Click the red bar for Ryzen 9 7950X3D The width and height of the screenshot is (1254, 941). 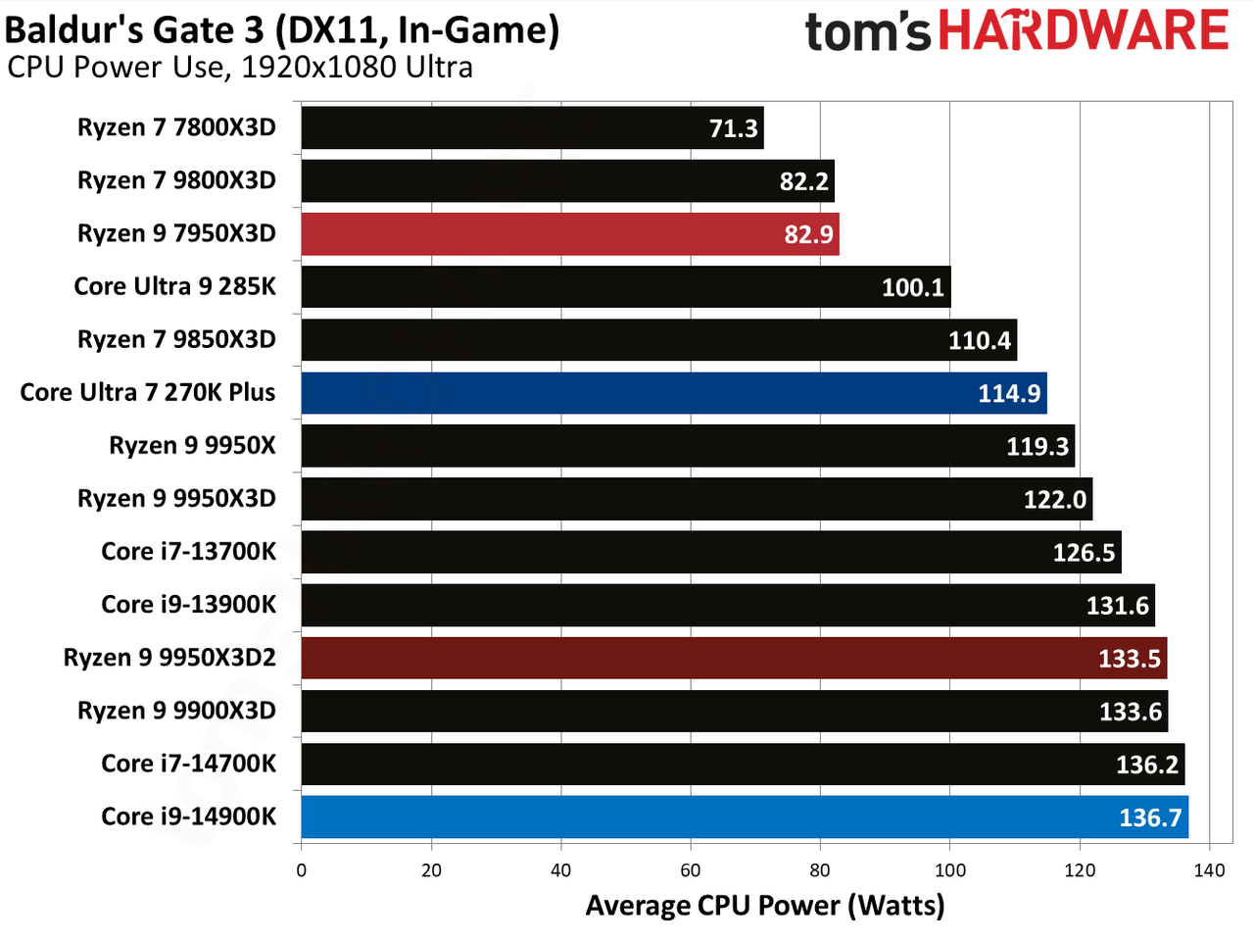point(570,233)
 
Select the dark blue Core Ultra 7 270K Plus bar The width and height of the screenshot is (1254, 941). point(674,393)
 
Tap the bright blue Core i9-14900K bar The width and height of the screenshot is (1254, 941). point(745,817)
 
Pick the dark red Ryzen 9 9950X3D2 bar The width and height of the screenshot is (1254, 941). point(734,658)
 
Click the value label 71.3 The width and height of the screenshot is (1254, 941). point(734,128)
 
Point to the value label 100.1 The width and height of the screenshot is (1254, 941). point(913,287)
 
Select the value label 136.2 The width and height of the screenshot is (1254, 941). point(1147,765)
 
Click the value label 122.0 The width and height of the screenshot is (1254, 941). point(1054,500)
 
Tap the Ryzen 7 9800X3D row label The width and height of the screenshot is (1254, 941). point(176,180)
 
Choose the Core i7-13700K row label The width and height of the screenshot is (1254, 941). point(188,552)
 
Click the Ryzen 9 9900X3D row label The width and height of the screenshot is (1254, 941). point(176,711)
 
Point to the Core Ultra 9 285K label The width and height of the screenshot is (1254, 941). point(174,286)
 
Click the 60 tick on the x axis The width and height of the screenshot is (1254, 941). point(690,870)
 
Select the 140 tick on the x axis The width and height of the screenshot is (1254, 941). point(1210,870)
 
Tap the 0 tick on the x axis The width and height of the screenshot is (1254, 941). point(302,870)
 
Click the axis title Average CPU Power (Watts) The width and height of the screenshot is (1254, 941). point(765,906)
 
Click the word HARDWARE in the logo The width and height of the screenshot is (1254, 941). point(1084,29)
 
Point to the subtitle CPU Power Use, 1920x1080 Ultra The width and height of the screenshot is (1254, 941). point(240,68)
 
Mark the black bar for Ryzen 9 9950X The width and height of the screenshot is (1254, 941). point(688,446)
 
